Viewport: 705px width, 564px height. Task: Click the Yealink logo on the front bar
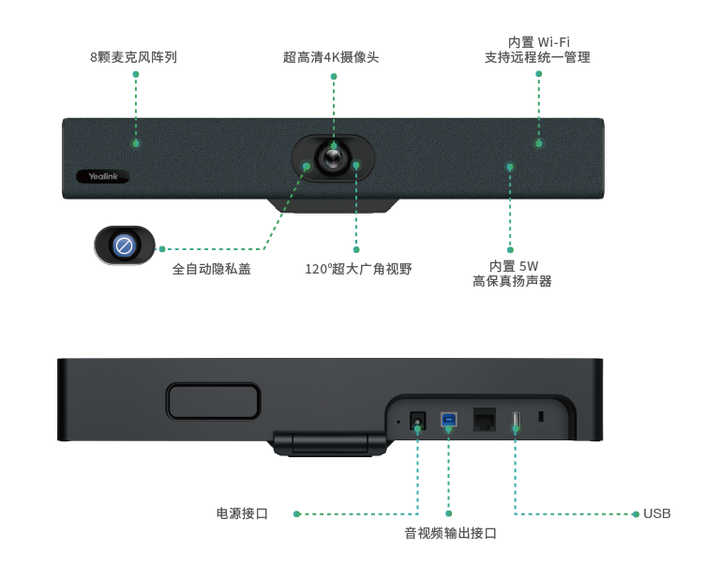click(x=102, y=176)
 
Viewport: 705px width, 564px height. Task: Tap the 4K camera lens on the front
click(x=332, y=157)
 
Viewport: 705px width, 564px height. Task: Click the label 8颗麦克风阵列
click(x=134, y=57)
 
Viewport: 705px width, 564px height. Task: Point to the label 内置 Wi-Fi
click(x=538, y=42)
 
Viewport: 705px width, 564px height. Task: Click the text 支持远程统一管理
click(x=538, y=58)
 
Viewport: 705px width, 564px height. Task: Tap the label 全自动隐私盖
click(x=212, y=270)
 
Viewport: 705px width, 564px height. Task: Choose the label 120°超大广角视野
click(x=358, y=270)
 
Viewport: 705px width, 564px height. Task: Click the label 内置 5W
click(x=513, y=266)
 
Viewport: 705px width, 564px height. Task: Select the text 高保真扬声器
click(x=513, y=281)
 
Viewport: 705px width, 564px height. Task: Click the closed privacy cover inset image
click(x=124, y=245)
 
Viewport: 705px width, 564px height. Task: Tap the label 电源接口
click(x=242, y=513)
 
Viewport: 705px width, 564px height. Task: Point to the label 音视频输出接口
click(x=450, y=534)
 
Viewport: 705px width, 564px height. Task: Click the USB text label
click(x=657, y=513)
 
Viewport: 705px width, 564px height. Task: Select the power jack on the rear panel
click(x=418, y=421)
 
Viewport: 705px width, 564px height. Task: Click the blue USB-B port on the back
click(x=449, y=420)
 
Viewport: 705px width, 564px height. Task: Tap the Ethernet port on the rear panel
click(x=485, y=419)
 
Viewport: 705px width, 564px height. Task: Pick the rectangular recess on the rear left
click(x=213, y=401)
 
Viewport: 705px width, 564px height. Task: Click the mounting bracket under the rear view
click(x=329, y=442)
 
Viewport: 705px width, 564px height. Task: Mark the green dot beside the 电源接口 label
click(x=297, y=513)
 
